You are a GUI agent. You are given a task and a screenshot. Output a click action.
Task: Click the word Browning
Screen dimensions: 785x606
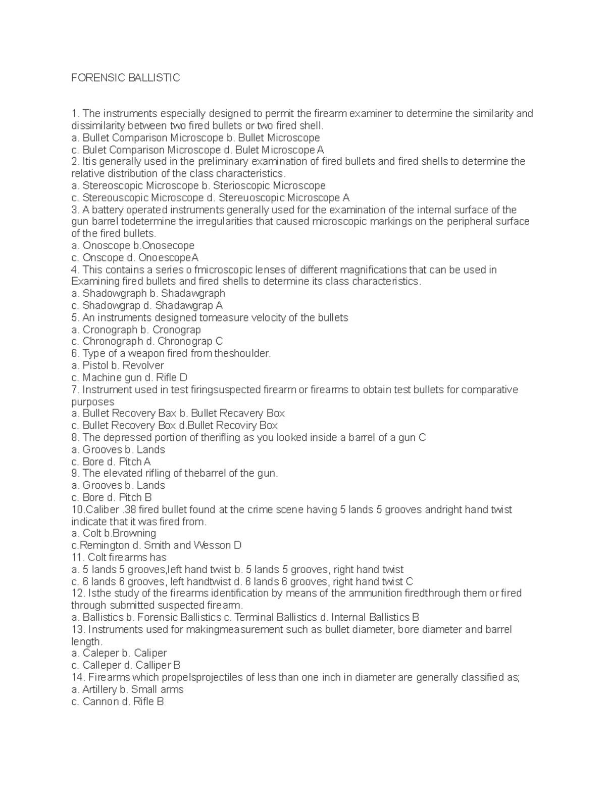click(x=135, y=533)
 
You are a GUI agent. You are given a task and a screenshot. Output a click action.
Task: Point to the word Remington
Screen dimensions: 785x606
click(x=106, y=545)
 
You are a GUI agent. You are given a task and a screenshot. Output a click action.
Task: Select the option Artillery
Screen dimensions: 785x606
click(x=99, y=689)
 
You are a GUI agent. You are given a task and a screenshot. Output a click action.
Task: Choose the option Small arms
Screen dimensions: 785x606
click(x=157, y=689)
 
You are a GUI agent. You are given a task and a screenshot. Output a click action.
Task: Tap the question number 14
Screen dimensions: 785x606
click(x=78, y=678)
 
